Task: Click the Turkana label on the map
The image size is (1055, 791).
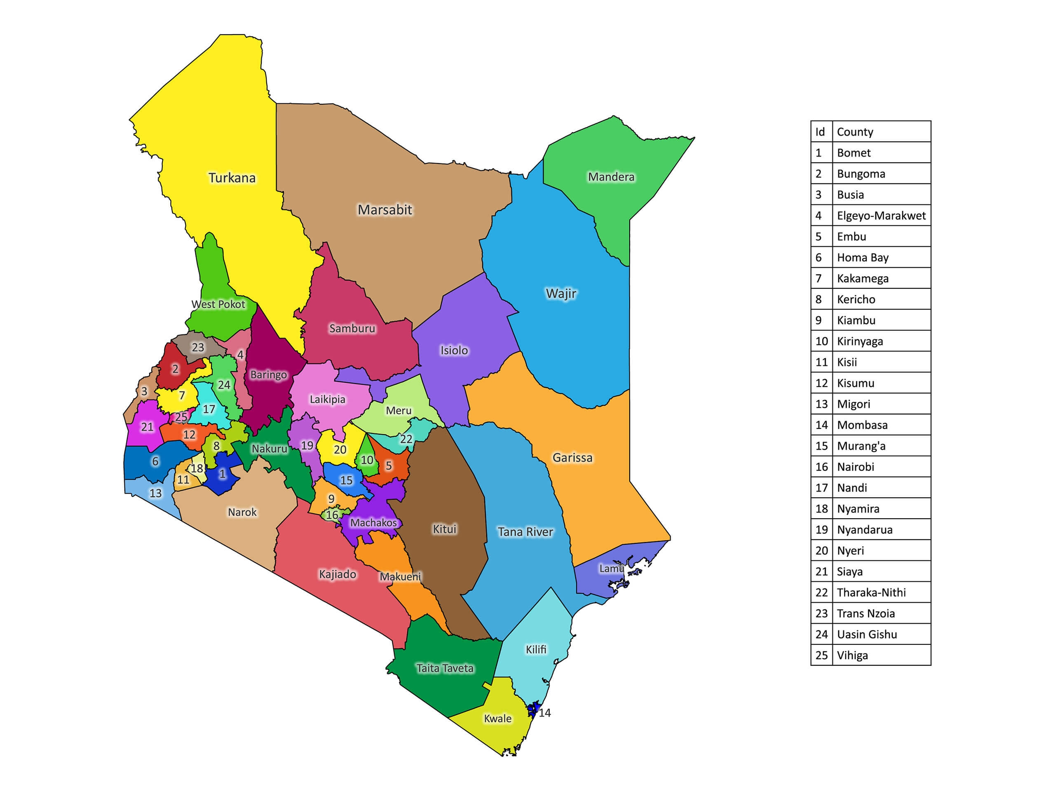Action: pyautogui.click(x=232, y=178)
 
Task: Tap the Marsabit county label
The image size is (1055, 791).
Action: pyautogui.click(x=384, y=210)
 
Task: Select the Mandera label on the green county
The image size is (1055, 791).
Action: pyautogui.click(x=611, y=177)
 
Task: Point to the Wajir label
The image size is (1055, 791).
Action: pyautogui.click(x=561, y=293)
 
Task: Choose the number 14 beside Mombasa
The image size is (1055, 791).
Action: pyautogui.click(x=545, y=712)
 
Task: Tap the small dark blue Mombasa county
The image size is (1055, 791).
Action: pyautogui.click(x=534, y=709)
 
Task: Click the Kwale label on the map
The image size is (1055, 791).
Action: pyautogui.click(x=497, y=718)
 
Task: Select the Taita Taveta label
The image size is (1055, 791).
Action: pyautogui.click(x=445, y=668)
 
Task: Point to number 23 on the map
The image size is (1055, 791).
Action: pyautogui.click(x=197, y=347)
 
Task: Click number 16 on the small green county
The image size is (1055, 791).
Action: pyautogui.click(x=332, y=515)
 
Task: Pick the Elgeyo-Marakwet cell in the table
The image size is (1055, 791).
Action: pyautogui.click(x=881, y=215)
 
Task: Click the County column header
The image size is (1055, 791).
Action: pyautogui.click(x=855, y=131)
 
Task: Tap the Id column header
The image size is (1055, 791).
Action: pyautogui.click(x=820, y=131)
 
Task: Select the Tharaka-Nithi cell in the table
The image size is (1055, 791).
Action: pyautogui.click(x=871, y=592)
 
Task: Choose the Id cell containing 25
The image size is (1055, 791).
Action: pyautogui.click(x=821, y=655)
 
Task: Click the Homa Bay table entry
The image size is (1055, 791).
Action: pyautogui.click(x=862, y=257)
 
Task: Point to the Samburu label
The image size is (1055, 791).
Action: pyautogui.click(x=352, y=328)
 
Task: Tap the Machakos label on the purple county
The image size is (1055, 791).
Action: pyautogui.click(x=373, y=522)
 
